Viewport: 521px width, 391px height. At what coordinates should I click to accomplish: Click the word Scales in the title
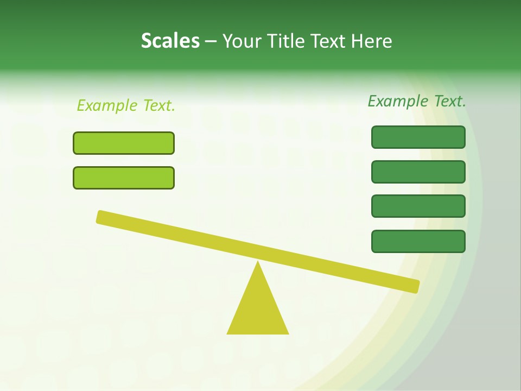170,41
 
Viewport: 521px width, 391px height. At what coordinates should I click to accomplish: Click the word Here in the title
372,41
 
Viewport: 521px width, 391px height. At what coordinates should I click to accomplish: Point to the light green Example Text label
126,105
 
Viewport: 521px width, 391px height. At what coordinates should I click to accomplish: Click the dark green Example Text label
417,101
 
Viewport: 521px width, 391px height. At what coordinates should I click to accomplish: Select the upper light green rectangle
124,143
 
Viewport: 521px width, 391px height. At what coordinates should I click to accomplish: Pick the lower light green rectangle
124,178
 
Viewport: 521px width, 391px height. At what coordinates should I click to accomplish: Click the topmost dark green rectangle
418,137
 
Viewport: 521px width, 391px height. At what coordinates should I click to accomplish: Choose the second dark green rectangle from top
418,172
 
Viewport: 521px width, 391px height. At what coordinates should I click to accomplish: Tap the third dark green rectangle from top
418,206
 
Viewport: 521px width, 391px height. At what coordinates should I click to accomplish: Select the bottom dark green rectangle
418,241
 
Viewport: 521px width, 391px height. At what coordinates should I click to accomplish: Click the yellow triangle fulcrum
258,310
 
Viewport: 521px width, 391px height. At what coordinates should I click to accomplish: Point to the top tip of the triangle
258,263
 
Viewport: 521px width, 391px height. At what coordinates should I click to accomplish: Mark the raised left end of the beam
101,217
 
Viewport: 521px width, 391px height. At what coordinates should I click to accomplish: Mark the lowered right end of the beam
415,286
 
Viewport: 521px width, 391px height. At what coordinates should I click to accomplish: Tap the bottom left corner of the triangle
228,333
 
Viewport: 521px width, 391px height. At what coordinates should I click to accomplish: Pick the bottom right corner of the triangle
288,333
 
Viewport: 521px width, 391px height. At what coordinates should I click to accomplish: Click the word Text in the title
328,41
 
